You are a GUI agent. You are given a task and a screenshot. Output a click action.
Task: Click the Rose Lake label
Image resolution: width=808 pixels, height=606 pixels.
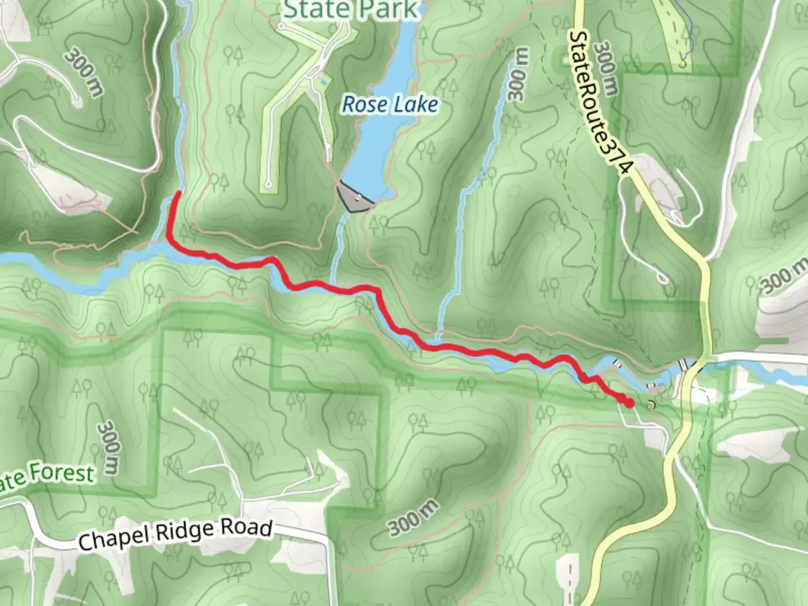pos(390,104)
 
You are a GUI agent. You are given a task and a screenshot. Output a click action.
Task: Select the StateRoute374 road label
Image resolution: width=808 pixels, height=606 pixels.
pos(600,104)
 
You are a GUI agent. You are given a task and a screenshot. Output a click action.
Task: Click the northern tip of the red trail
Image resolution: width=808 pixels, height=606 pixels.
pos(178,193)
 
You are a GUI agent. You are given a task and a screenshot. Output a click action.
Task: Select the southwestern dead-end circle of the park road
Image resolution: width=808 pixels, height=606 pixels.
pos(269,183)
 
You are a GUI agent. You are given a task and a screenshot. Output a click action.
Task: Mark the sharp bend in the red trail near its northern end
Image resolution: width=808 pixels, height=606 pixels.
pos(168,238)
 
